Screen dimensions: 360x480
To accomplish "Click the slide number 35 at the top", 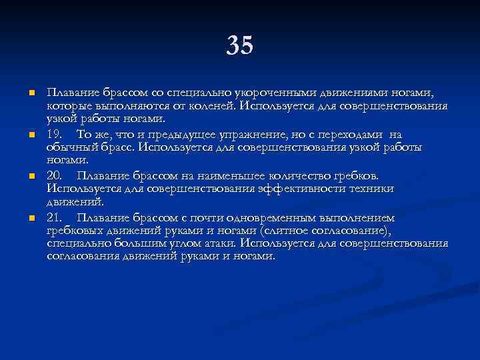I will [240, 45].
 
